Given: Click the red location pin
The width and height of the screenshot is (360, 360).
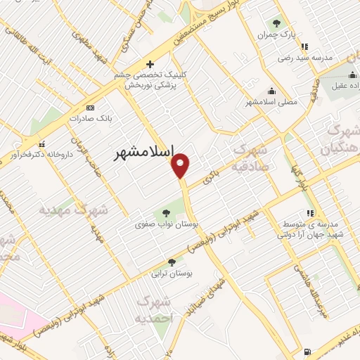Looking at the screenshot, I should tap(181, 165).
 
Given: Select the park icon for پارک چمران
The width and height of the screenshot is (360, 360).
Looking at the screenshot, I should tap(276, 22).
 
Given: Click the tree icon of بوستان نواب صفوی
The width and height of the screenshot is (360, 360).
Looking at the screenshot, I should tap(167, 213).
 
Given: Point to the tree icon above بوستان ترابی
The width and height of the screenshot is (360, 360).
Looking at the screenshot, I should tap(172, 262).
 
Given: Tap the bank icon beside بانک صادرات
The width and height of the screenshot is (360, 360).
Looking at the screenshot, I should tap(90, 108).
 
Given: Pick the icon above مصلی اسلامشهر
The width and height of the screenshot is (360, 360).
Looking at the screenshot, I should tap(271, 91).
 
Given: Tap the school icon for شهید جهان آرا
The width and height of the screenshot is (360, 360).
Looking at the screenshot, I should tap(310, 213).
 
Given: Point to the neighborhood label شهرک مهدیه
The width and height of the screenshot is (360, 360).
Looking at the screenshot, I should tap(73, 210).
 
